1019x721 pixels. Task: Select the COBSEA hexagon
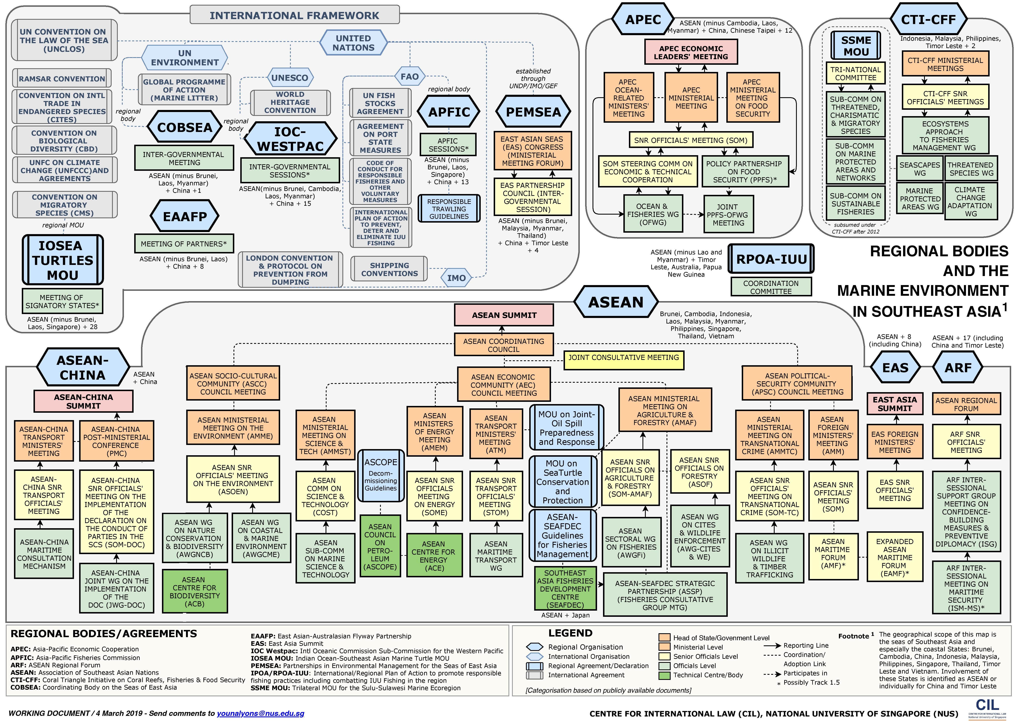(x=185, y=127)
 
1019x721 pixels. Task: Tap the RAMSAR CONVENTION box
(x=62, y=79)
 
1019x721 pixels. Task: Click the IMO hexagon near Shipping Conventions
(x=456, y=278)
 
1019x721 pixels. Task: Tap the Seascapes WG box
(x=920, y=169)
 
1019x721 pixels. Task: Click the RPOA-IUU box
(x=771, y=259)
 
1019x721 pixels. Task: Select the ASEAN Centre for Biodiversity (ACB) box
(x=194, y=592)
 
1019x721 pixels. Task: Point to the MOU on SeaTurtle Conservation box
(x=563, y=482)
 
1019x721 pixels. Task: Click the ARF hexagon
(x=958, y=368)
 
